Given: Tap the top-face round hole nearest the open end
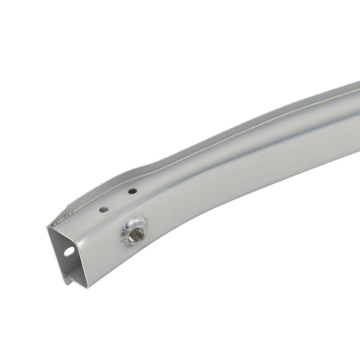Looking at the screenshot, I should [104, 209].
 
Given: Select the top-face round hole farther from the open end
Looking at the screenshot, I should [132, 191].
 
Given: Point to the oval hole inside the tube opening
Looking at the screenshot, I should [68, 251].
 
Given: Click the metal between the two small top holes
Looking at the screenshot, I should [118, 200].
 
